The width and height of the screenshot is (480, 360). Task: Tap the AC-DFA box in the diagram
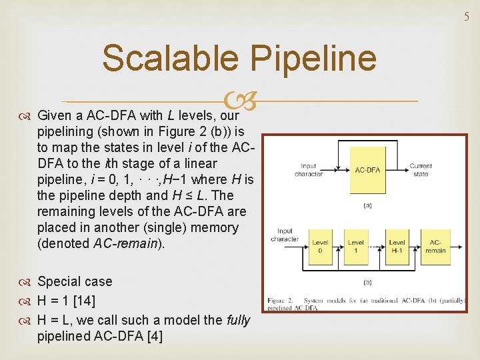pos(367,171)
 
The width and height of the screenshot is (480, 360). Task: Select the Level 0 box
pos(321,245)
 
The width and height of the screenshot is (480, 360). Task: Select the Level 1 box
pos(356,245)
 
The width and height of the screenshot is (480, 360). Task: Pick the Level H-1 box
pos(397,245)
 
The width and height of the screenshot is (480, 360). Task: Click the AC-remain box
pos(435,245)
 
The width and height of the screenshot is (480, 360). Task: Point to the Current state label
pos(421,169)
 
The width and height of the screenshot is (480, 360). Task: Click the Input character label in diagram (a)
pos(309,169)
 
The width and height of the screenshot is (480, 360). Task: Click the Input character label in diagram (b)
pos(285,235)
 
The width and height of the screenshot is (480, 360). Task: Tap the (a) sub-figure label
pos(367,206)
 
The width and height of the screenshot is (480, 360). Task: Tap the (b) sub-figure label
pos(367,281)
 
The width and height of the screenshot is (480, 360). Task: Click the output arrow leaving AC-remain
pos(457,245)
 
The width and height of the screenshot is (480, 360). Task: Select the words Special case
pos(75,281)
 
